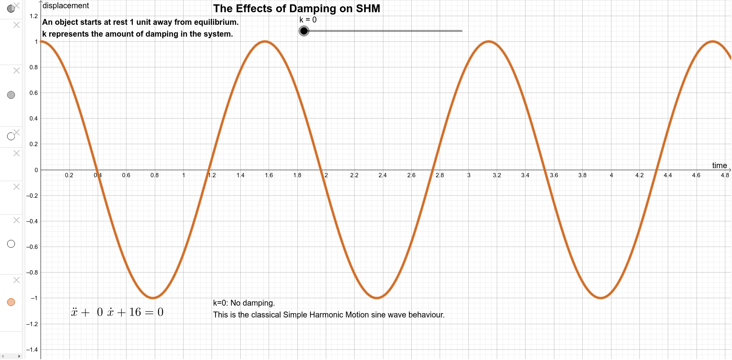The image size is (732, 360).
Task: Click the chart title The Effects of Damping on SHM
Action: tap(296, 9)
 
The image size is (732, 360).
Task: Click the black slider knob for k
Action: tap(304, 31)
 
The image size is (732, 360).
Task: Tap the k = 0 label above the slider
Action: tap(308, 20)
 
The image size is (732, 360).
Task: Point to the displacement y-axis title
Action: tap(66, 6)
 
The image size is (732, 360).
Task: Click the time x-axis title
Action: tap(719, 165)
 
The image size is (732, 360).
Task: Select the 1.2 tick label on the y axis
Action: tap(33, 16)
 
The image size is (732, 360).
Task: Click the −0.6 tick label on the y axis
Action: tap(32, 247)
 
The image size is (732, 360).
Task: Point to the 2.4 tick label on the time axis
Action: tap(382, 175)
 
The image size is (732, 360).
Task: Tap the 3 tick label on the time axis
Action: tap(468, 175)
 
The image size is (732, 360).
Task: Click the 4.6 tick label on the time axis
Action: tap(696, 175)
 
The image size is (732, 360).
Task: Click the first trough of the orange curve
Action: tap(153, 298)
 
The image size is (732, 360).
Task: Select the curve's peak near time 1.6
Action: tap(265, 41)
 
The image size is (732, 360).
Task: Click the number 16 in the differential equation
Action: tap(135, 312)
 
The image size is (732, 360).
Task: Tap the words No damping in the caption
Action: tap(253, 303)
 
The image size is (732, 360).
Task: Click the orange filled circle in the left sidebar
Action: tap(11, 302)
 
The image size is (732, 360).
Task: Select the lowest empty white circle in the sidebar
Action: tap(11, 244)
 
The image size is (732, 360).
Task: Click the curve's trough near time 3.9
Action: tap(600, 298)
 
